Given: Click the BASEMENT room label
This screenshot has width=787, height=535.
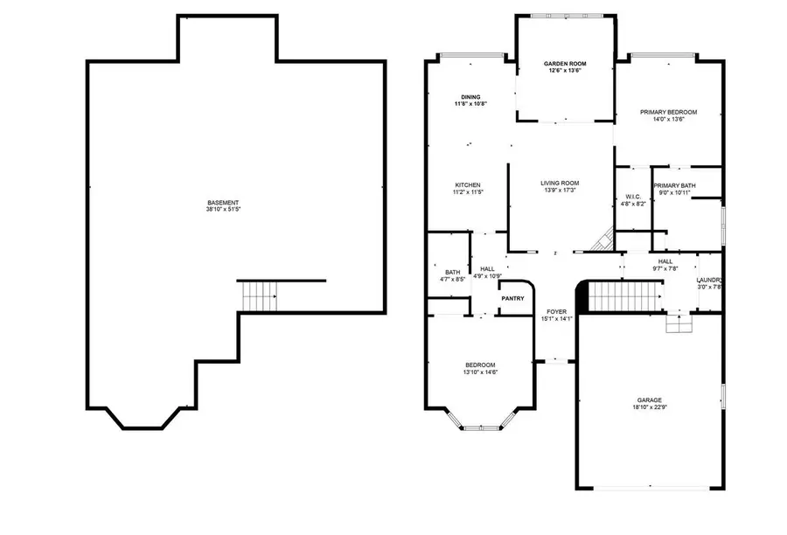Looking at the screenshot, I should (x=223, y=203).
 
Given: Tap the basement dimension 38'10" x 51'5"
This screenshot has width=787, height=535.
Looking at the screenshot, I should (x=223, y=210).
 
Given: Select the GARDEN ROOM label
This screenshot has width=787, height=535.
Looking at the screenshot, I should (x=565, y=64).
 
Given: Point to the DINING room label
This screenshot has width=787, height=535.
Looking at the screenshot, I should (x=470, y=97).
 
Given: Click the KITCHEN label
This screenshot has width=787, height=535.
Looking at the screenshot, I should (x=468, y=184).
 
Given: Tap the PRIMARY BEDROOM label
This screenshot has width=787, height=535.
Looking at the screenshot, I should (x=668, y=112).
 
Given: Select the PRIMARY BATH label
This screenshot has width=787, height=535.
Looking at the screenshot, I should (x=675, y=185).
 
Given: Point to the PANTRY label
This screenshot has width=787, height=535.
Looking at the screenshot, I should (x=513, y=299).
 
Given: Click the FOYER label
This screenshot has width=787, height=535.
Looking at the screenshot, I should (x=557, y=311).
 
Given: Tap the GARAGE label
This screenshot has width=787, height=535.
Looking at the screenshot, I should (x=649, y=400).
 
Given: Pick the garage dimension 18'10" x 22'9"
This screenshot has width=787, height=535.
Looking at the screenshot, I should (x=649, y=407).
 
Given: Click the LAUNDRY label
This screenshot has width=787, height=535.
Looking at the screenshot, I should (x=707, y=280).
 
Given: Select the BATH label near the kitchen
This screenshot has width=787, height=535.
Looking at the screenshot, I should (x=452, y=272).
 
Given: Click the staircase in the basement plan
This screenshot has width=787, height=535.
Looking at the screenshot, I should (x=258, y=295).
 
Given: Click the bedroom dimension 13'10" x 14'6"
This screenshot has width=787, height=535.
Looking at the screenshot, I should (x=480, y=372).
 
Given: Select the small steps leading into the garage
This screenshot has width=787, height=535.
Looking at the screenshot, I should (x=678, y=324).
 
